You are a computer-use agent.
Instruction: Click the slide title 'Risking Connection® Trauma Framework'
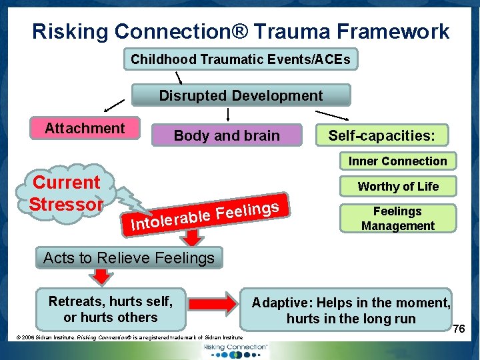[241, 31]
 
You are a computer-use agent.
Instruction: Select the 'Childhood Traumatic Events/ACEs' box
[240, 59]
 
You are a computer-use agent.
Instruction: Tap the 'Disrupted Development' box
[241, 95]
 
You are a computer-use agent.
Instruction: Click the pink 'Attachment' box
[85, 128]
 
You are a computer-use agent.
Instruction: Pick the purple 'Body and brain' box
[227, 135]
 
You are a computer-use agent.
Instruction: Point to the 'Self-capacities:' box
[381, 135]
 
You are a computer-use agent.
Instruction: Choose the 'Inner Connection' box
[397, 161]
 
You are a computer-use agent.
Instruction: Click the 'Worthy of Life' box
[397, 186]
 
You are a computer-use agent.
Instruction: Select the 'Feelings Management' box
[397, 219]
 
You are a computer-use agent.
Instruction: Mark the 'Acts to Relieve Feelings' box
[129, 257]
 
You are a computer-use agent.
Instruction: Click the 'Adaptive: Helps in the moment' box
[350, 310]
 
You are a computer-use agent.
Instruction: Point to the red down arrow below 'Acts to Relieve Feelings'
[102, 277]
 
